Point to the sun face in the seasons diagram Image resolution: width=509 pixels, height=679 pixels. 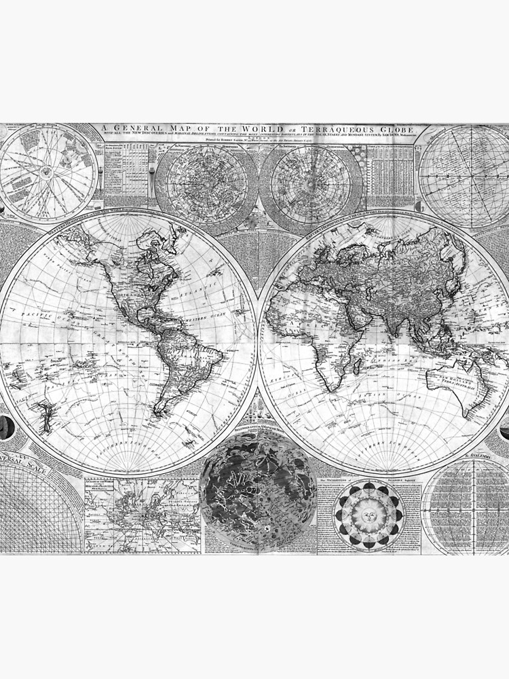coord(370,514)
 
